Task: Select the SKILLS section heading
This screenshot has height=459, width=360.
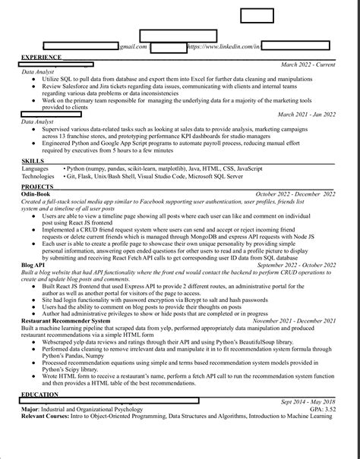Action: point(33,161)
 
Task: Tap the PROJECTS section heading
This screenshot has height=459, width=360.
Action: point(37,186)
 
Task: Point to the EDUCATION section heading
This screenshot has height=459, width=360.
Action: point(39,395)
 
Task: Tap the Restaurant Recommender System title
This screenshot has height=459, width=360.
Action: point(64,322)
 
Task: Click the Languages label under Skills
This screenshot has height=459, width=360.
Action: point(35,168)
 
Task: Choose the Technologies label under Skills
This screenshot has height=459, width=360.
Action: point(38,175)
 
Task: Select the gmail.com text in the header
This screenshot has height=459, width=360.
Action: point(132,47)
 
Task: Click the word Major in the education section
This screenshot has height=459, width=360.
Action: point(30,410)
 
